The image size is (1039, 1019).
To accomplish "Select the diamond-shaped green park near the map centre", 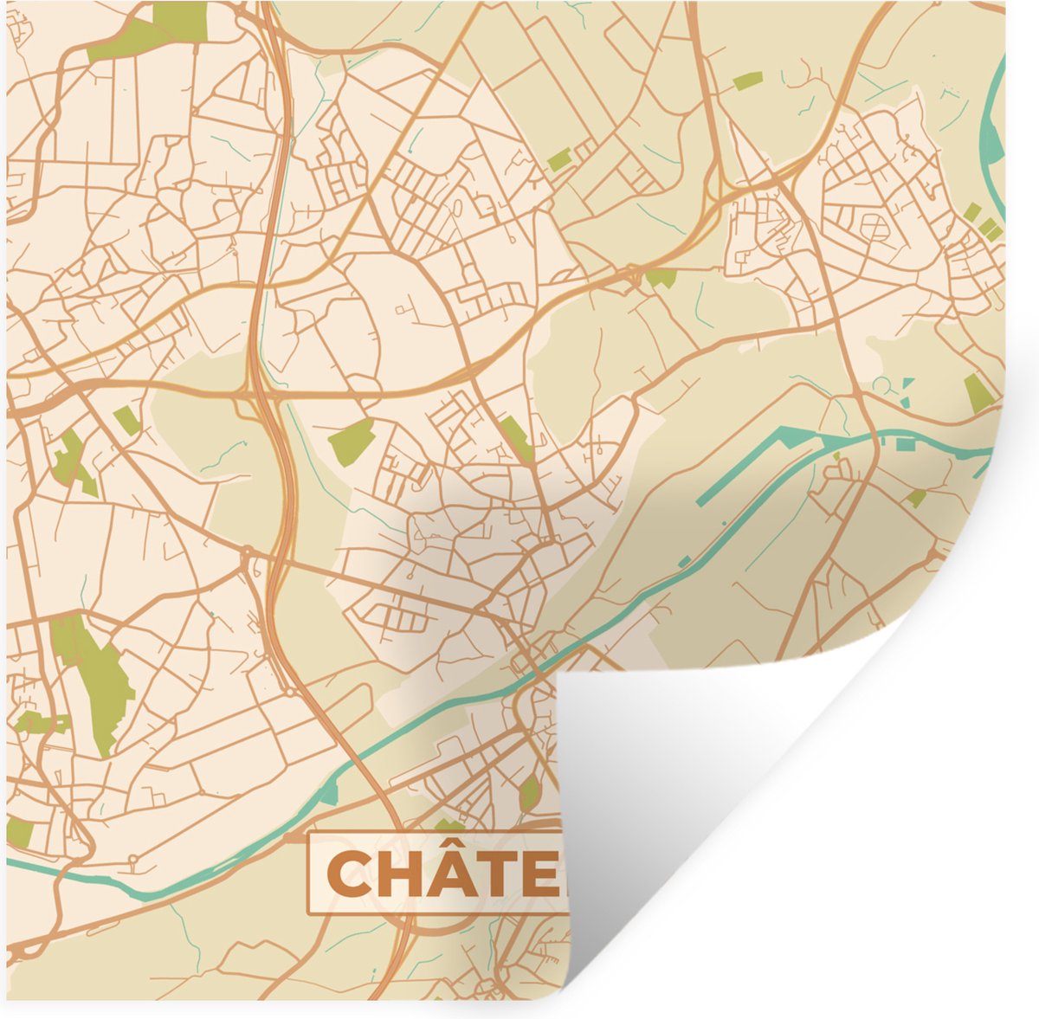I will pyautogui.click(x=352, y=441).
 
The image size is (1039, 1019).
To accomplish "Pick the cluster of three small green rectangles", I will pyautogui.click(x=981, y=220).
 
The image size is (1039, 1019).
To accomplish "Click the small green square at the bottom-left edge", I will pyautogui.click(x=19, y=833).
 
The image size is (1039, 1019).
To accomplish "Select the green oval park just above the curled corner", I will pyautogui.click(x=529, y=793).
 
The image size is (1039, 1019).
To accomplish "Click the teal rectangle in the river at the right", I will pyautogui.click(x=905, y=445).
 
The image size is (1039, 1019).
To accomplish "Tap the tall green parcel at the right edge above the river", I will pyautogui.click(x=978, y=393).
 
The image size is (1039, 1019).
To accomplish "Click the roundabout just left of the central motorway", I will pyautogui.click(x=248, y=551).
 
